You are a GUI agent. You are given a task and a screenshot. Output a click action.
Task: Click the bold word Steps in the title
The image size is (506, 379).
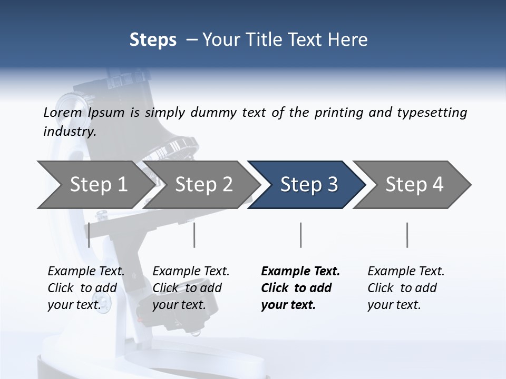[153, 40]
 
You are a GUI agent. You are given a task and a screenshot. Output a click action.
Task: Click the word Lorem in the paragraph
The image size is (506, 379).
[63, 113]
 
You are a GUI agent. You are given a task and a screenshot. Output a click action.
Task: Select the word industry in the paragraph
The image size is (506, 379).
[69, 132]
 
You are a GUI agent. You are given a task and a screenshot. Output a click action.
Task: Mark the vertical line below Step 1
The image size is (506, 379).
[89, 235]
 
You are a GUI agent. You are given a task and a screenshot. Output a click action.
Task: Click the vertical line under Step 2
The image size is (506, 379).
[194, 235]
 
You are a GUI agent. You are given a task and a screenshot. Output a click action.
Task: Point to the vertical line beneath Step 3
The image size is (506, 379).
[301, 235]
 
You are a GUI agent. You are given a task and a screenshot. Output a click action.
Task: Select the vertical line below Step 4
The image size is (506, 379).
[407, 235]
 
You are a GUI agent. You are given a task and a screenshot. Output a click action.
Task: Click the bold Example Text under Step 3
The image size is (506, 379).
[300, 272]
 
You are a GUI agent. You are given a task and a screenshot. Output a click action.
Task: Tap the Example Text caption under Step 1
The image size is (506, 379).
[86, 272]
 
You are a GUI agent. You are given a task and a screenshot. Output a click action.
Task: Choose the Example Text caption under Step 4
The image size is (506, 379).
[406, 272]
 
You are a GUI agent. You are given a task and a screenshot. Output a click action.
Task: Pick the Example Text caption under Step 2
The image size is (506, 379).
[191, 272]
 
